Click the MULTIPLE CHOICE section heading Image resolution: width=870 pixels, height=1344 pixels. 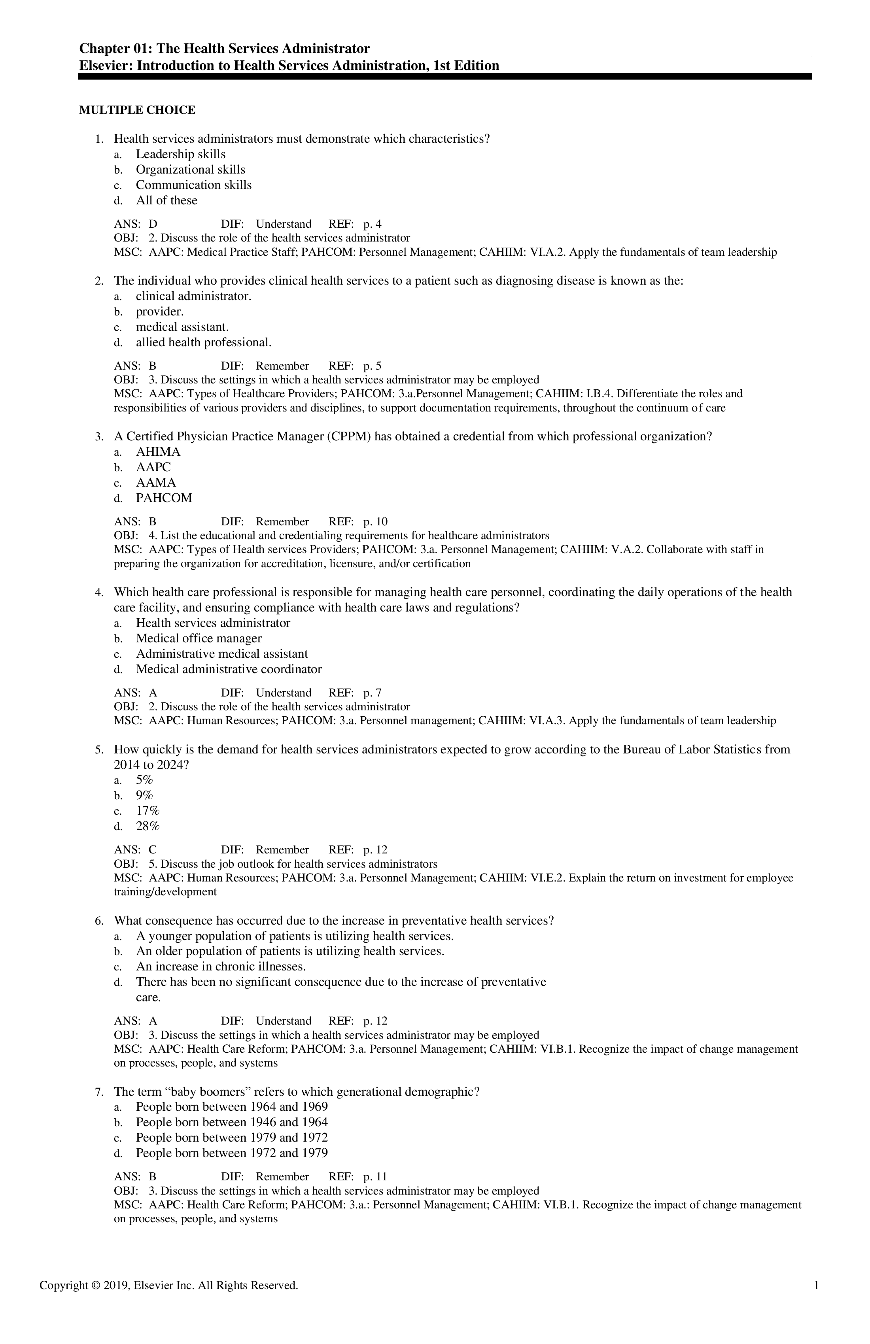coord(137,110)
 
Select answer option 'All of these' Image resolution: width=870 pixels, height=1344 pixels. coord(166,200)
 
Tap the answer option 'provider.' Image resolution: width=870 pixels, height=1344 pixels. coord(159,312)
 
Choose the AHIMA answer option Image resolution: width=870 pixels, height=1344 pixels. coord(158,452)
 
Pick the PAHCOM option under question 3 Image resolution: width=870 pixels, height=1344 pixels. coord(164,498)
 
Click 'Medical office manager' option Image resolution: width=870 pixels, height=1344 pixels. coord(198,639)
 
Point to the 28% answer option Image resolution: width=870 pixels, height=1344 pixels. coord(148,826)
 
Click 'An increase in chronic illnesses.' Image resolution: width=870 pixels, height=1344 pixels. coord(220,966)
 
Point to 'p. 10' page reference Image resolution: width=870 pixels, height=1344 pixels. coord(375,522)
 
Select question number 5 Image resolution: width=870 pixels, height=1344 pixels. coord(99,750)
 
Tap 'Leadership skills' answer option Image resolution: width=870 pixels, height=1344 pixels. coord(180,154)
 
